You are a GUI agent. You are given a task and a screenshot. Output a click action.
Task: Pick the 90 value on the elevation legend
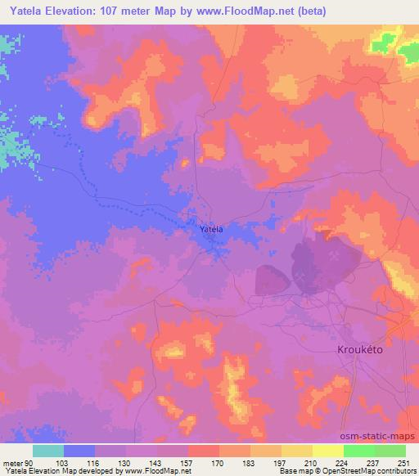31,463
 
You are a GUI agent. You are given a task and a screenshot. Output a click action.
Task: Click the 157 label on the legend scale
187,463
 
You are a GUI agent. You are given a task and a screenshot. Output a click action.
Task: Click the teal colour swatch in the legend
48,451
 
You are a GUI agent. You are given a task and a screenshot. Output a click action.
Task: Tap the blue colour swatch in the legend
79,451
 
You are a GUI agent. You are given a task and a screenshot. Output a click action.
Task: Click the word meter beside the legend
13,463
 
